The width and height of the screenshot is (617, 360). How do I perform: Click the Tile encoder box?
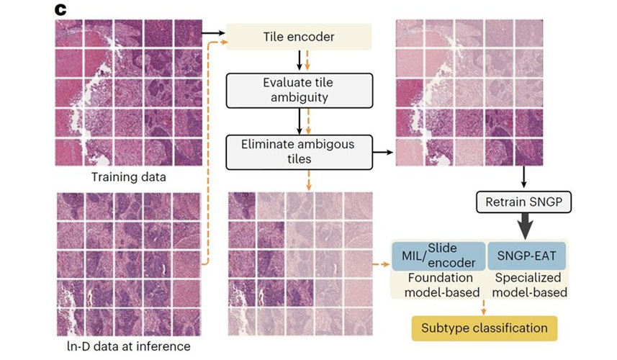click(x=299, y=37)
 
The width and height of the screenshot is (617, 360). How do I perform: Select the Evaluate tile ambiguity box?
click(x=299, y=90)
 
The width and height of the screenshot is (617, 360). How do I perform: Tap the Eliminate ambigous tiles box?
click(x=299, y=152)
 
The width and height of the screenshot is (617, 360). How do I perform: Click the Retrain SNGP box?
click(x=523, y=202)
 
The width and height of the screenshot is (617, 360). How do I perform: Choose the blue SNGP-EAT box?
click(x=526, y=256)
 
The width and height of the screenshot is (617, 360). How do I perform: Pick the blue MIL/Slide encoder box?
click(x=438, y=256)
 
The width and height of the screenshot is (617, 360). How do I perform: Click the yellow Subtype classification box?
click(x=485, y=328)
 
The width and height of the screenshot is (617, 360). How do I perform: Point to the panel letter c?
click(x=60, y=9)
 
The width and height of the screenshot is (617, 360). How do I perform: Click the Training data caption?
click(x=129, y=176)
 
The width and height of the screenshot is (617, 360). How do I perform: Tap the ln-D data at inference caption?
click(x=129, y=346)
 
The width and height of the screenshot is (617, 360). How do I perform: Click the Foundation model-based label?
click(x=441, y=285)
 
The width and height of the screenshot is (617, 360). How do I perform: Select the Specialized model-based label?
click(x=529, y=285)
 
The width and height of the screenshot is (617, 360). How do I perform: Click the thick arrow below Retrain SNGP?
click(x=525, y=226)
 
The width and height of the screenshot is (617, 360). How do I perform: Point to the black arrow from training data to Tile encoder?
click(x=213, y=33)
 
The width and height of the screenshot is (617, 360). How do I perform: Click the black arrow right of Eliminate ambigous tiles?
click(x=383, y=152)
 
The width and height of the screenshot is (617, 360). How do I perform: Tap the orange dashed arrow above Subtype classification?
click(x=483, y=307)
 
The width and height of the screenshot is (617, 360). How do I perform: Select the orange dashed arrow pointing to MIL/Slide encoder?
click(x=381, y=264)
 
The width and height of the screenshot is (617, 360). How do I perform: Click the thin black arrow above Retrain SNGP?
click(x=523, y=177)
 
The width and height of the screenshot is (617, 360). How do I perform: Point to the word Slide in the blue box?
click(x=442, y=248)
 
